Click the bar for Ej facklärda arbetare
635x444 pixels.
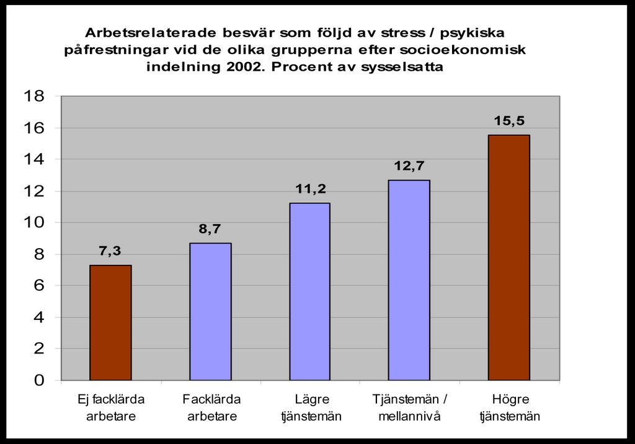(110, 322)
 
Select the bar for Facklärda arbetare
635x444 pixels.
(210, 311)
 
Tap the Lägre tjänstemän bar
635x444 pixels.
(309, 291)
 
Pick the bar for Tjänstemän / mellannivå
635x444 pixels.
(409, 280)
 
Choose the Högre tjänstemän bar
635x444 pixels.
(508, 257)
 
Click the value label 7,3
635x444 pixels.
(110, 252)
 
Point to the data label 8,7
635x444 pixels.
(210, 229)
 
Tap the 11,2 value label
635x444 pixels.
(309, 189)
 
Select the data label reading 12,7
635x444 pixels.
(409, 166)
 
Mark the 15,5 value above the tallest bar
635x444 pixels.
(508, 121)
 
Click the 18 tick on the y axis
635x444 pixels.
(33, 96)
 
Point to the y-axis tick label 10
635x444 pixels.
(33, 223)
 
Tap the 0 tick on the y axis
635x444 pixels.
(38, 380)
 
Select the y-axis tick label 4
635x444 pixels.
(38, 317)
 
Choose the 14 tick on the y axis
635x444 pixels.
(33, 159)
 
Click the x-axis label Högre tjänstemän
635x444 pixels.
(510, 407)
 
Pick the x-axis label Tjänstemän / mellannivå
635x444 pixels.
(409, 407)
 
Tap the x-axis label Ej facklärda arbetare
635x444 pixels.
(111, 407)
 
